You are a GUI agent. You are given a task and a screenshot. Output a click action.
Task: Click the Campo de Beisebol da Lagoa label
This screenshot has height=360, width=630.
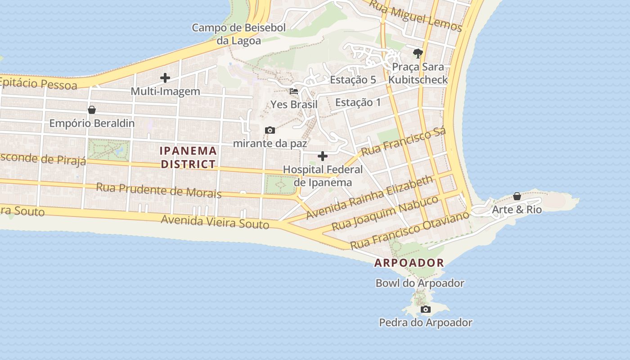(238, 34)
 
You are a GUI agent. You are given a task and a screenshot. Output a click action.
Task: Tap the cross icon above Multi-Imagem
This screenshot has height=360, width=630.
(165, 78)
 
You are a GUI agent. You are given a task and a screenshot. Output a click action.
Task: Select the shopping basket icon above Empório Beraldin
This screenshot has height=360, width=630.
(92, 110)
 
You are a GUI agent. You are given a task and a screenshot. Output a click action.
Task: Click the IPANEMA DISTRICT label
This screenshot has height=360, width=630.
(189, 157)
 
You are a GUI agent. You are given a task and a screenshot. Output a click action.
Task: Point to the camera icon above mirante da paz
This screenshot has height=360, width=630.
(270, 130)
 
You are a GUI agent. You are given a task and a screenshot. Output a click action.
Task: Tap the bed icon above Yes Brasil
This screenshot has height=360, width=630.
(294, 91)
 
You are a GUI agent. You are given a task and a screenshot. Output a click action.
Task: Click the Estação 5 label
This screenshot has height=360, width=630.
(353, 80)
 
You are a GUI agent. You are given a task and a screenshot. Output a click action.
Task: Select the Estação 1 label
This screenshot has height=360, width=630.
(358, 103)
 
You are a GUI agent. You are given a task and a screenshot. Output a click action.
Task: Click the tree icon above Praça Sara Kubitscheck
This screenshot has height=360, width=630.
(418, 54)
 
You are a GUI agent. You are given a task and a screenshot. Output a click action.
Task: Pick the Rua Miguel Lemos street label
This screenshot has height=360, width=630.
(415, 16)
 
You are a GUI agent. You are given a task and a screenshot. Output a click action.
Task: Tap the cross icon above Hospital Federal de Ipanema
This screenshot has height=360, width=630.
(323, 156)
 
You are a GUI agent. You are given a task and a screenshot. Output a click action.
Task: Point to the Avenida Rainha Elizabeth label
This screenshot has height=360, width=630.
(369, 198)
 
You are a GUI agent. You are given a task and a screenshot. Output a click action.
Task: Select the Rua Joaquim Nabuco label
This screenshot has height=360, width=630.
(385, 213)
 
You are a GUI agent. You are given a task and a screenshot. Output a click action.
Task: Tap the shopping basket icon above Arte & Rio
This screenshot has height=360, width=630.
(517, 196)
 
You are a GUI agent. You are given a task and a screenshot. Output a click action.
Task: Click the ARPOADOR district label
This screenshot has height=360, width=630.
(409, 263)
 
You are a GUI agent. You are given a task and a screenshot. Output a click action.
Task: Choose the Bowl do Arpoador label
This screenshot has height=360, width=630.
(420, 283)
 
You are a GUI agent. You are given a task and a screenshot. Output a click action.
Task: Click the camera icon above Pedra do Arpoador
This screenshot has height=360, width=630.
(425, 310)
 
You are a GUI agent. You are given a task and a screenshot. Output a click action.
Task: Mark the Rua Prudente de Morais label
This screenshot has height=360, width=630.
(159, 190)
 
